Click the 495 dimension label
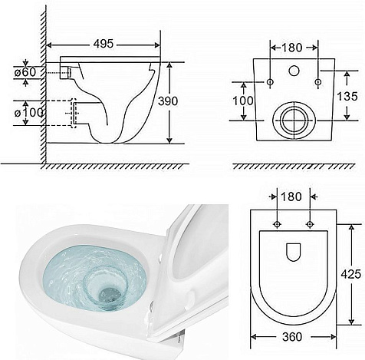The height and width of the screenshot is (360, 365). click(x=104, y=44)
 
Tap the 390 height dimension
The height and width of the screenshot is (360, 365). click(x=168, y=101)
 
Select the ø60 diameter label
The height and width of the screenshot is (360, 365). click(x=25, y=72)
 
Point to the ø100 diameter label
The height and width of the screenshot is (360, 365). click(x=28, y=113)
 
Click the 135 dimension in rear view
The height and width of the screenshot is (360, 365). click(x=347, y=97)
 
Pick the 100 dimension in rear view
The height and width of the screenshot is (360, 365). click(x=243, y=101)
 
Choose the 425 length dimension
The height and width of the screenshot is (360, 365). click(x=351, y=274)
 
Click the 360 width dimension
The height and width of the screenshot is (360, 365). click(x=292, y=337)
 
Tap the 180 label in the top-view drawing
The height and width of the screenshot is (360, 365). click(x=291, y=197)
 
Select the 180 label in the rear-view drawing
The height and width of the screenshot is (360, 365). click(x=292, y=48)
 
